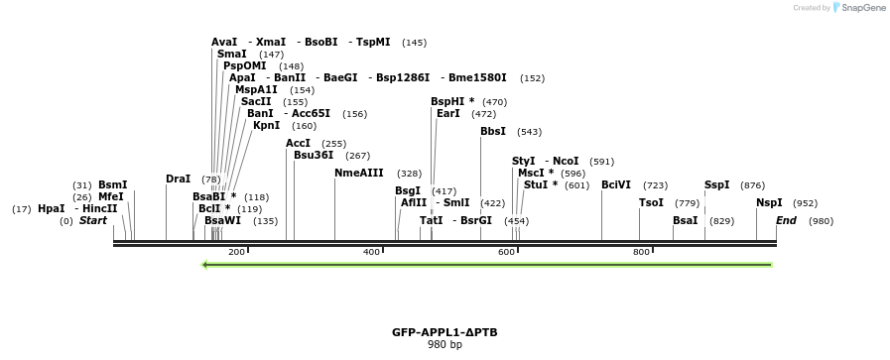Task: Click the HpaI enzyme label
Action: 51,209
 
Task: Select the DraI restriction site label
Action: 178,180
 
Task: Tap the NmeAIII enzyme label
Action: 359,174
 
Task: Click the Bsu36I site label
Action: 314,156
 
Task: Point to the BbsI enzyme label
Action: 493,132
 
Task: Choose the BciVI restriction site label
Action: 616,185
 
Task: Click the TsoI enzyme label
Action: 651,203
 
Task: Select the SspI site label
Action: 716,185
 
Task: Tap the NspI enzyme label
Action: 769,203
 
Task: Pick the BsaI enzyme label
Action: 686,221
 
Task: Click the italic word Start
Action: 93,221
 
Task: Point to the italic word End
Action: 786,221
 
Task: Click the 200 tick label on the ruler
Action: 236,253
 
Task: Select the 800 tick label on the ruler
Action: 641,253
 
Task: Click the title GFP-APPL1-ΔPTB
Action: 445,332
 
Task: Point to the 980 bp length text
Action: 445,345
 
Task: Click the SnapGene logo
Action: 860,8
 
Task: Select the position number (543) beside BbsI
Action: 529,132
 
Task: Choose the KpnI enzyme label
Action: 266,126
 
